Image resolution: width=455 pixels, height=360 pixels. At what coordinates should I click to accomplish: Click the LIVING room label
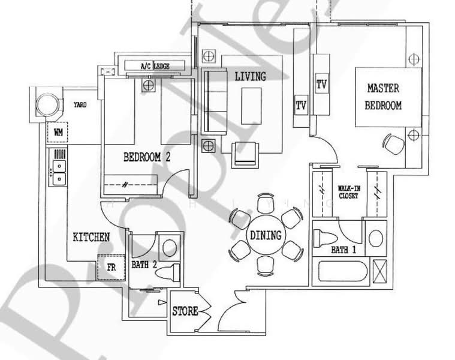click(251, 76)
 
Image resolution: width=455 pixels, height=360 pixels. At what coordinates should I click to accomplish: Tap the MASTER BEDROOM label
click(384, 97)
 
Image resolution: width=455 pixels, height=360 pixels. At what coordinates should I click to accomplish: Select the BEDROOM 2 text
click(147, 158)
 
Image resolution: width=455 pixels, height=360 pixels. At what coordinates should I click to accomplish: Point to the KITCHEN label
click(91, 237)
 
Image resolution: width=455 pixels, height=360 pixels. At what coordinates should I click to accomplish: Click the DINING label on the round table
click(266, 235)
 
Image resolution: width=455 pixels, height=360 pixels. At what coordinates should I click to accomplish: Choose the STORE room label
click(185, 311)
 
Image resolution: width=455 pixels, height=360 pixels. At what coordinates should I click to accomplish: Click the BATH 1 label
click(343, 251)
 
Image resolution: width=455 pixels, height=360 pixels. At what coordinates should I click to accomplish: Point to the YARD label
click(80, 104)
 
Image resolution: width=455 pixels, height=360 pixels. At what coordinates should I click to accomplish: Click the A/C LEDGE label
click(155, 66)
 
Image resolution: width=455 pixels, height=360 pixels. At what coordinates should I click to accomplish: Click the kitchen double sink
click(59, 172)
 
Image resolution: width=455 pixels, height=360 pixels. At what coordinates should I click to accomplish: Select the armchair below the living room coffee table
click(245, 152)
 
